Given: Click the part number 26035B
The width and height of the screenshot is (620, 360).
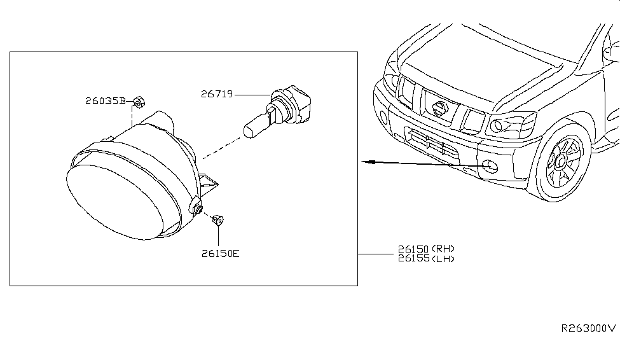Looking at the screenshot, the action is [105, 100].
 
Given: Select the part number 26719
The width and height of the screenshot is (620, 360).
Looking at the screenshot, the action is [217, 94].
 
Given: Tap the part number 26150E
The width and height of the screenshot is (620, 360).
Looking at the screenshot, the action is [220, 254].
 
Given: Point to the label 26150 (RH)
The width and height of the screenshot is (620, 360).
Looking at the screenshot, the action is [426, 249].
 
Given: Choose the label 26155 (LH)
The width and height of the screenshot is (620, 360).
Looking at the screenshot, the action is [426, 259].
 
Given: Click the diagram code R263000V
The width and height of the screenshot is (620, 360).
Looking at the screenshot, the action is [589, 328].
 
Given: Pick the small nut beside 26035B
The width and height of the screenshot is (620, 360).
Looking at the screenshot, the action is [139, 102].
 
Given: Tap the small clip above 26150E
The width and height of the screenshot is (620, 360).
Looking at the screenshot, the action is [218, 220].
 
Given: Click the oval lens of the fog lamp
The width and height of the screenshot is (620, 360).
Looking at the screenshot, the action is [114, 202].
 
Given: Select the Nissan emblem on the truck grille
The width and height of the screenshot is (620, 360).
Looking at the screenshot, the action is [439, 108].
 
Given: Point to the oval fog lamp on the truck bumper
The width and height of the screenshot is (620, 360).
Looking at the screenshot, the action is [490, 167].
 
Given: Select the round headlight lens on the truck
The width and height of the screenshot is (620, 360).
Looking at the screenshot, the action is [496, 126].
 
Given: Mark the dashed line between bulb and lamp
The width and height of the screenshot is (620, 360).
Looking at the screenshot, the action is [221, 148].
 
